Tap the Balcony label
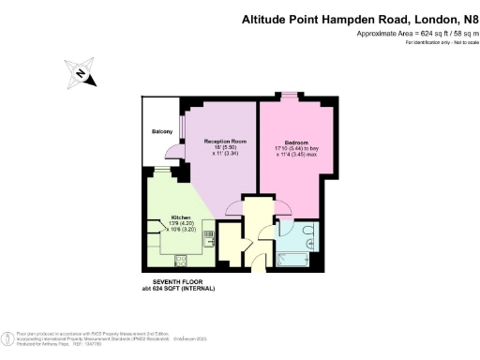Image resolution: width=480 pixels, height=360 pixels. pyautogui.click(x=160, y=131)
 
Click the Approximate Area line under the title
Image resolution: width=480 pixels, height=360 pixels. pyautogui.click(x=414, y=34)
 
